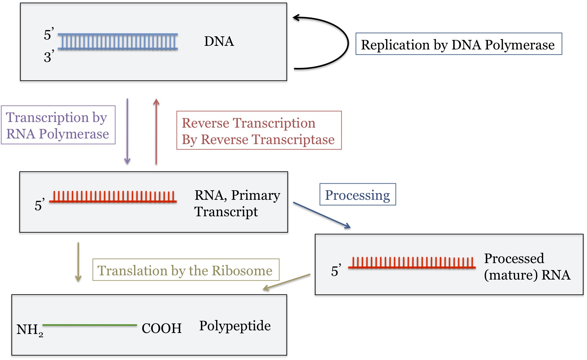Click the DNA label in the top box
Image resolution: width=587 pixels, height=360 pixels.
[219, 42]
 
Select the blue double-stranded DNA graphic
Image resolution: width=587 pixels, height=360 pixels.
[118, 42]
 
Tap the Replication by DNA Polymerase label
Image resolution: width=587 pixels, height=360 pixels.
[458, 44]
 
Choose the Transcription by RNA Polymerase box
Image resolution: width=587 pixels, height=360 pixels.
[58, 125]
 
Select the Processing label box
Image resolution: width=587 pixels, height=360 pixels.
[357, 195]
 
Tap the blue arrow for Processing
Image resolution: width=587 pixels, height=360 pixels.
[322, 215]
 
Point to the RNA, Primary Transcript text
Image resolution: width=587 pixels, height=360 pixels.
[237, 203]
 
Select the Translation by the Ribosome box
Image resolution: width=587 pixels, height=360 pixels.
[185, 270]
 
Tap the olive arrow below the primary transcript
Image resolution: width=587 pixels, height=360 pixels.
[78, 262]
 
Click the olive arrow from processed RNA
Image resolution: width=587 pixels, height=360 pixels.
[287, 282]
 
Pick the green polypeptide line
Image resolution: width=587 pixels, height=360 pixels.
[90, 325]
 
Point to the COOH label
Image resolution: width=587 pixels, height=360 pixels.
[161, 328]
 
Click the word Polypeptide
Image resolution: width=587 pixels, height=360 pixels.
[235, 326]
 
